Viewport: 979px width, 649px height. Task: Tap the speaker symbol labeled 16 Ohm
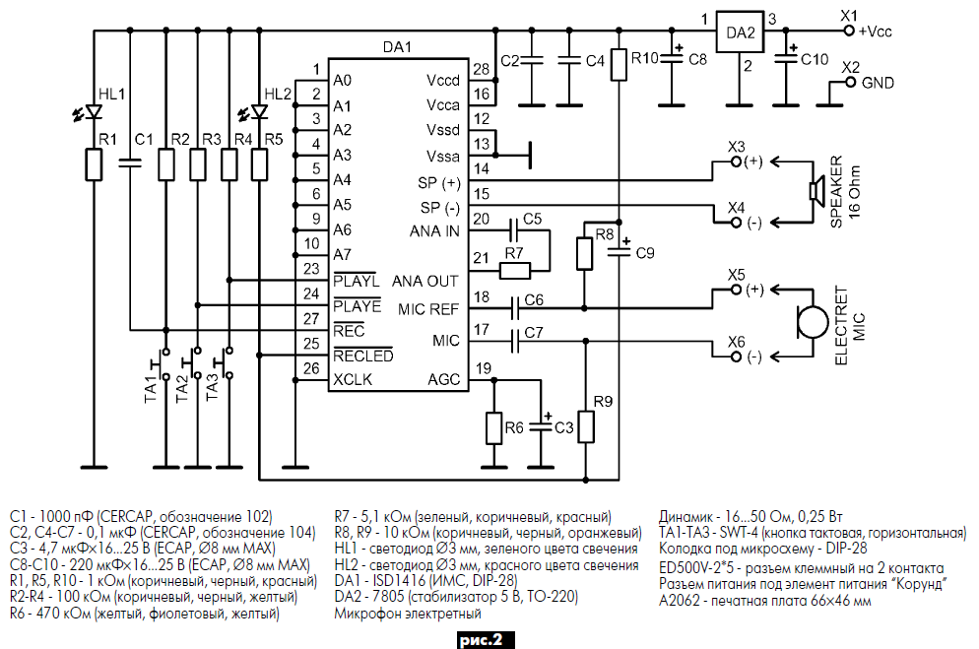(816, 192)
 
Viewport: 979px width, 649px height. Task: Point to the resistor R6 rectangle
(495, 428)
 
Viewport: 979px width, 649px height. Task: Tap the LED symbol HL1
(95, 111)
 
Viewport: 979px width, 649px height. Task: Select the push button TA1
(164, 363)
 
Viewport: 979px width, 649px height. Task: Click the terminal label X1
(850, 15)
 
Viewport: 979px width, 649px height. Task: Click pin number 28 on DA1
(481, 68)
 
